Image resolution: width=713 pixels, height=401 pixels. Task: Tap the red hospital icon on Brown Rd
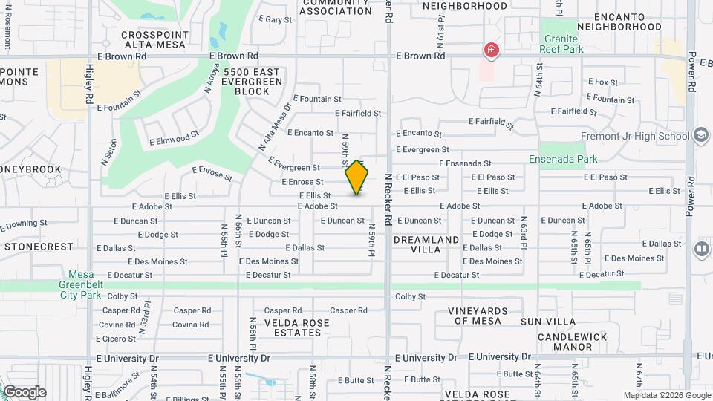[x=491, y=50]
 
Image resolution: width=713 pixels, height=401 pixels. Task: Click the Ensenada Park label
[x=562, y=158]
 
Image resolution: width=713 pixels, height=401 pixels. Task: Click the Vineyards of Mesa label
[x=478, y=316]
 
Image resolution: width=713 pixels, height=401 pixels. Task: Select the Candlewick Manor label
[x=573, y=342]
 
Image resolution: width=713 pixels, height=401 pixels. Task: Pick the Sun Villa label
[x=548, y=322]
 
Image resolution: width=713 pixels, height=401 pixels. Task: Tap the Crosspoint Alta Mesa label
[x=154, y=39]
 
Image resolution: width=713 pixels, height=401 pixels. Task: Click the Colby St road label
[x=410, y=296]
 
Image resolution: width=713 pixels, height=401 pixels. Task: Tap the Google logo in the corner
[x=24, y=392]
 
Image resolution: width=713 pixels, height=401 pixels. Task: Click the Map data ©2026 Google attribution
[x=666, y=396]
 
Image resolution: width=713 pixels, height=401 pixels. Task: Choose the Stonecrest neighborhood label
[x=39, y=246]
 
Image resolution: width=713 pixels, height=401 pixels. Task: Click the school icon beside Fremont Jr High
[x=700, y=136]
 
